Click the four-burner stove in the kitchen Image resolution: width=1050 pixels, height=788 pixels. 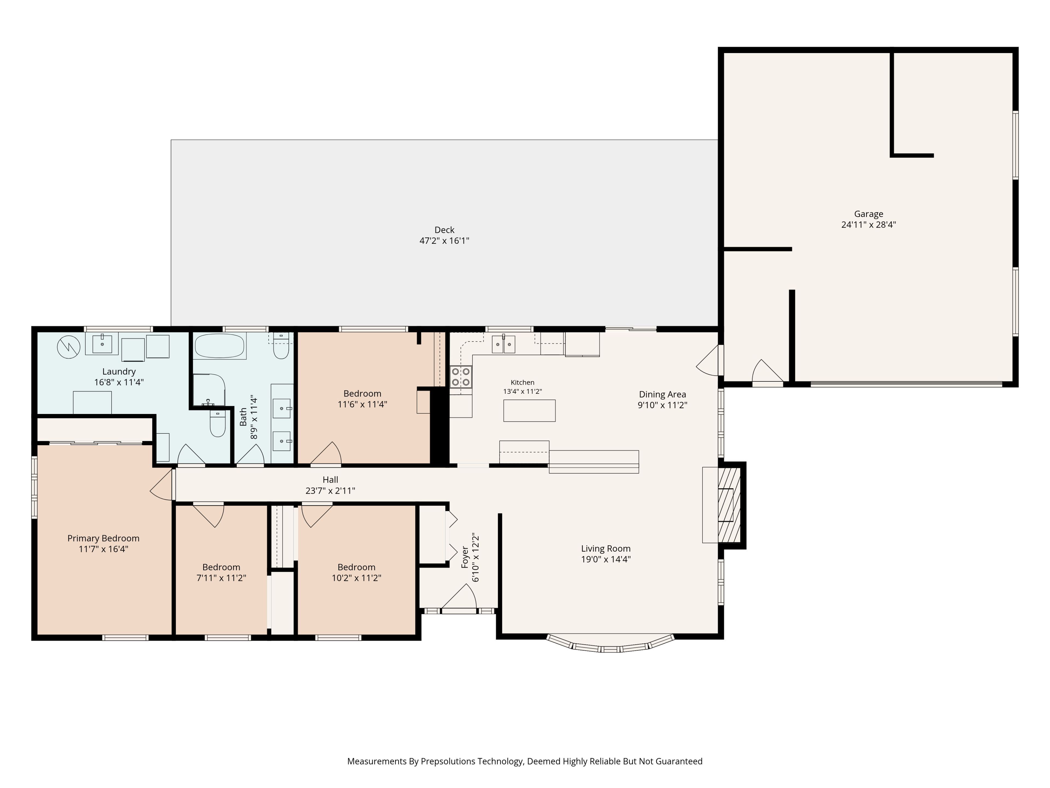tap(461, 377)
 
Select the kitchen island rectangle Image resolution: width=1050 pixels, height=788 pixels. tap(529, 410)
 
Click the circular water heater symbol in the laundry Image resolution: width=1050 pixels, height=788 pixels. tap(69, 347)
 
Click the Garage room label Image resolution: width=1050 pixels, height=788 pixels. tap(869, 214)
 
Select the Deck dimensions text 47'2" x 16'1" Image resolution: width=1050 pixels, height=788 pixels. tap(444, 241)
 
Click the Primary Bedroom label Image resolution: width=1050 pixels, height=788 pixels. tap(103, 538)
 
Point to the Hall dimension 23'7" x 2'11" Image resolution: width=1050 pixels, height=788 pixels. tap(330, 491)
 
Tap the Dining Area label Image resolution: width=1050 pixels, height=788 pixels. tap(662, 394)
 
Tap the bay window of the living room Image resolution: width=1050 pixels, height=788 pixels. tap(610, 644)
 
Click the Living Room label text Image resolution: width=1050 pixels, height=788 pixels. tap(606, 549)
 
